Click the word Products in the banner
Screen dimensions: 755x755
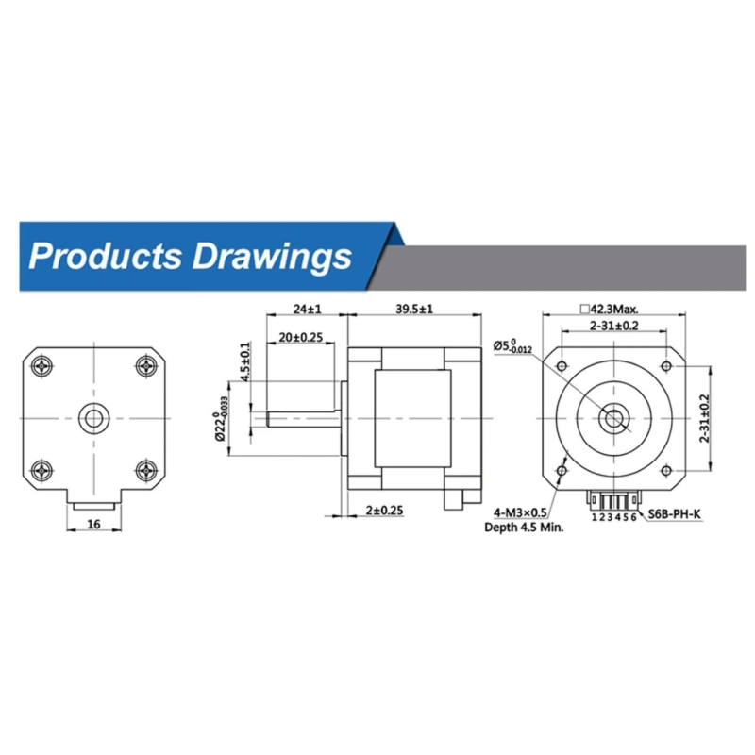[x=106, y=256]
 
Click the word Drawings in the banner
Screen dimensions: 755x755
[x=272, y=258]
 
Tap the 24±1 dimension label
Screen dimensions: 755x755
[x=308, y=309]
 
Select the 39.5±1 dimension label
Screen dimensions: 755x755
[x=414, y=309]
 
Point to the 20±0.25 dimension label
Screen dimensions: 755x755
[x=300, y=337]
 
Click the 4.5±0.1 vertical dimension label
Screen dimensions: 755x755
[x=245, y=362]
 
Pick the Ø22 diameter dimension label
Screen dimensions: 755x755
[x=221, y=418]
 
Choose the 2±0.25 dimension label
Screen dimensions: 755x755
[x=384, y=510]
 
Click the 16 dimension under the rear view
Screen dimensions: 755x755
[x=93, y=524]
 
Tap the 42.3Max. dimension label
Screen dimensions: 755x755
[x=609, y=309]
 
